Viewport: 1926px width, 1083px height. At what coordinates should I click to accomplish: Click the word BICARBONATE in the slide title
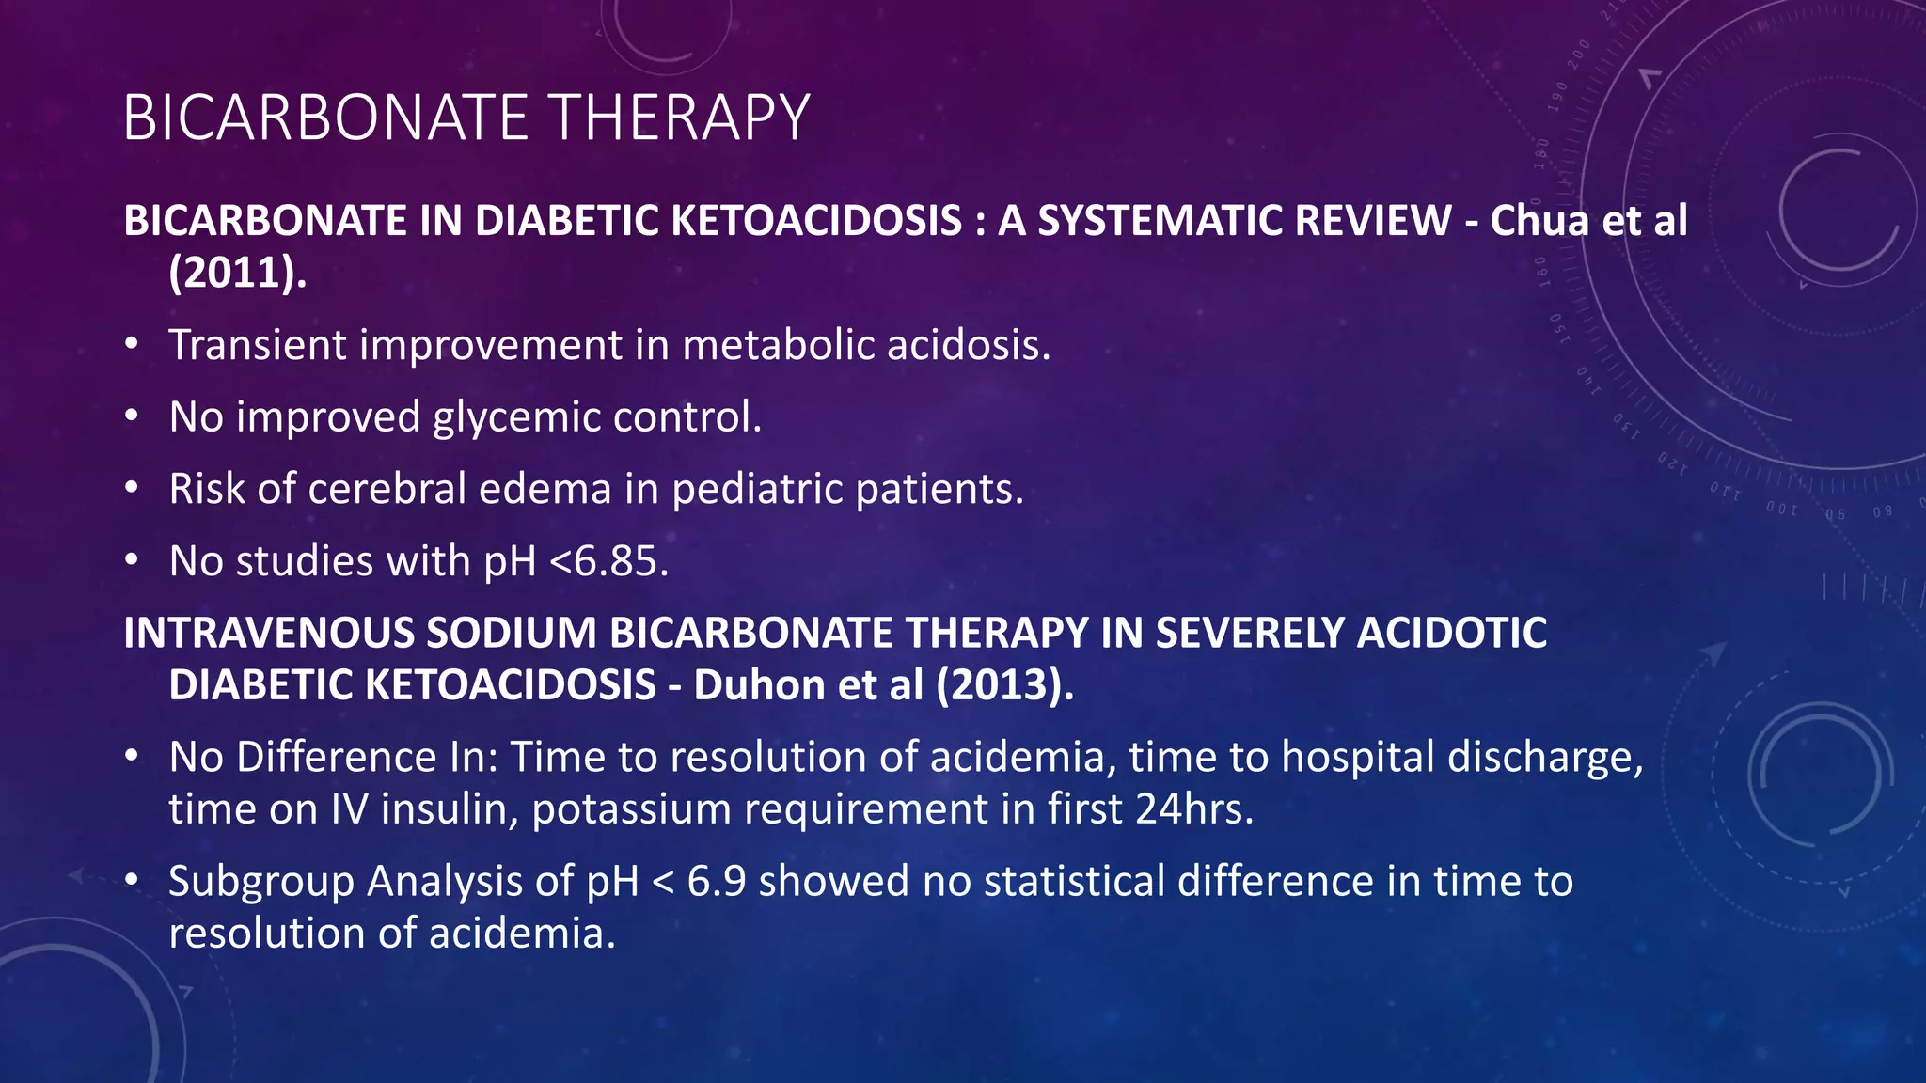[x=325, y=118]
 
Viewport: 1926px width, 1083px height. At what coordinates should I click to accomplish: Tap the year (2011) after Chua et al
[x=238, y=273]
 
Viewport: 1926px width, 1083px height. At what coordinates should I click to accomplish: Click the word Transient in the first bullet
[x=258, y=345]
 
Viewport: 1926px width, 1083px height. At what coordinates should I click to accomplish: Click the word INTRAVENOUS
[x=269, y=633]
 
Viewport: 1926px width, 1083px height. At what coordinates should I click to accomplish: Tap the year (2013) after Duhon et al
[x=1004, y=685]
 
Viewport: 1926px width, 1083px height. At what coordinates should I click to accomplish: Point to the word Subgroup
[x=261, y=882]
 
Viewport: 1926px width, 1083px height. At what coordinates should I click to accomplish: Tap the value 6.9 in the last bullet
[x=717, y=882]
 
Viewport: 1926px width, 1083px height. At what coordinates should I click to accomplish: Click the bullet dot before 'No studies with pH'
[x=132, y=561]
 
